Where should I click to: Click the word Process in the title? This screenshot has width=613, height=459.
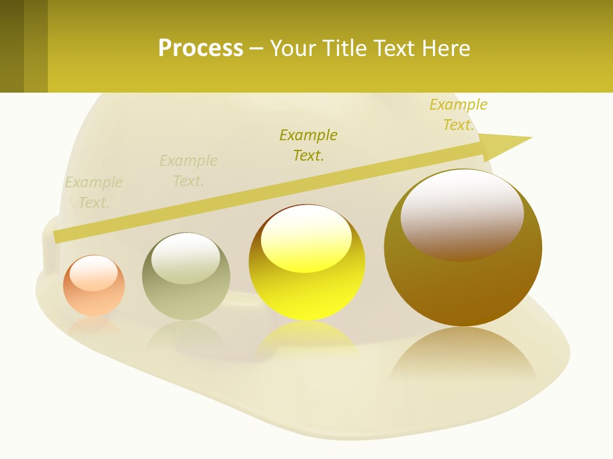click(x=201, y=48)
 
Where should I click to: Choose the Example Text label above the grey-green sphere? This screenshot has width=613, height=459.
click(x=188, y=171)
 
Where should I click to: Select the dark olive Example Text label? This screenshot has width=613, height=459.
click(x=308, y=145)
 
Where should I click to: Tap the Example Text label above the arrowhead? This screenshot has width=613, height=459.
click(x=458, y=115)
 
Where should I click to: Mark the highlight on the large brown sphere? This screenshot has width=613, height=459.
click(x=462, y=214)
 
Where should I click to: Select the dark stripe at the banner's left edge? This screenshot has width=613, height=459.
click(x=11, y=46)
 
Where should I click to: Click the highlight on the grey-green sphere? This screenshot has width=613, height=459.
click(x=186, y=258)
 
